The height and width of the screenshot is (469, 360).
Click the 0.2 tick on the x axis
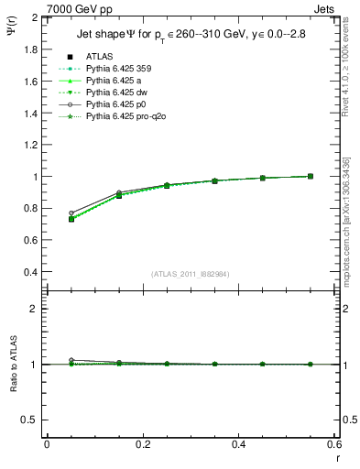tap(142, 444)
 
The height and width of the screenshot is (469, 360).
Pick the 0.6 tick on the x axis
tap(334, 444)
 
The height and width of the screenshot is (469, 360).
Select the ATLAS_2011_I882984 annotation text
tap(191, 275)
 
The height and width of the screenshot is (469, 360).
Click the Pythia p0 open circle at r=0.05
tap(71, 213)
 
